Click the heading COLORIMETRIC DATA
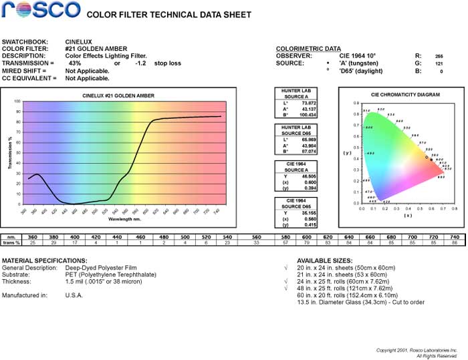(308, 49)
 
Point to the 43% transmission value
(75, 63)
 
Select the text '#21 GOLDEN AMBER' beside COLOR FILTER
(94, 49)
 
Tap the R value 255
(439, 56)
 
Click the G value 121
(439, 63)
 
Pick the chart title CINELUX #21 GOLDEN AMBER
(118, 96)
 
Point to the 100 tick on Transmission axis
(18, 102)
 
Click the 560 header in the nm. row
(256, 236)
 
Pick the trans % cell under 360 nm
(32, 242)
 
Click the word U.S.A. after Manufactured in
(75, 294)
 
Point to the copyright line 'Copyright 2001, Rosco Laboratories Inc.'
(417, 349)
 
